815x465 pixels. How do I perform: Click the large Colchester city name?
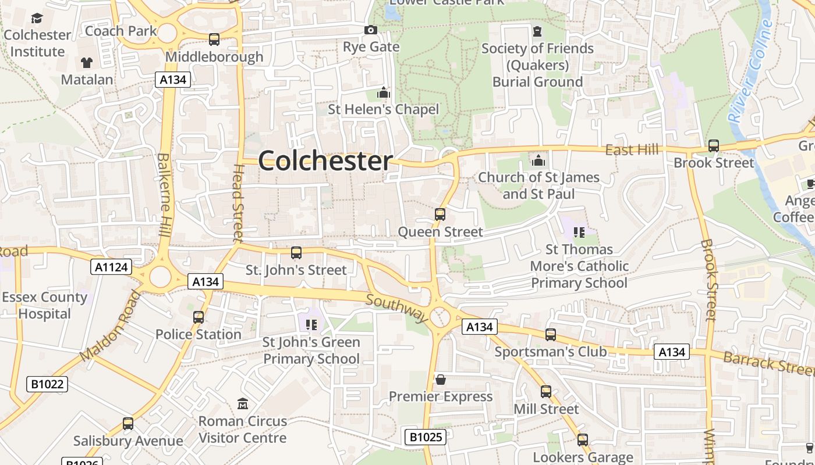coord(325,160)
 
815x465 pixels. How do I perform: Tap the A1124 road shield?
coord(111,267)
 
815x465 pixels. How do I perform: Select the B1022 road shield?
coord(47,384)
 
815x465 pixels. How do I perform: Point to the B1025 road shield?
coord(425,437)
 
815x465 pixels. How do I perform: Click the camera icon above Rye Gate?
coord(371,30)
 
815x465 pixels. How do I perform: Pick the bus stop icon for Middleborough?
coord(214,40)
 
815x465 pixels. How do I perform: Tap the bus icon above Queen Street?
coord(440,214)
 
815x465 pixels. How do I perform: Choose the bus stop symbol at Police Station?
coord(199,317)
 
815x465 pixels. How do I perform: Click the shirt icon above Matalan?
coord(87,62)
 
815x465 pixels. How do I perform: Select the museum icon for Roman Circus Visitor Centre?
coord(243,403)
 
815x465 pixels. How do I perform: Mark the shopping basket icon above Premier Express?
coord(441,380)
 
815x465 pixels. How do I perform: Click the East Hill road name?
coord(632,151)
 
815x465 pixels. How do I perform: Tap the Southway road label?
coord(397,308)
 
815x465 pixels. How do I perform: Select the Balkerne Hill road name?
coord(164,195)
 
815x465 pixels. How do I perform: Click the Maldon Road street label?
coord(111,325)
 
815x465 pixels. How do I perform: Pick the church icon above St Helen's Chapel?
coord(383,92)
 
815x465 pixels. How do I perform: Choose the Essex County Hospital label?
coord(44,306)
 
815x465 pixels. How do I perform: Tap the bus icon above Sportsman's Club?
coord(551,335)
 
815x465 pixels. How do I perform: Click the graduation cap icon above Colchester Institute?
coord(37,19)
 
